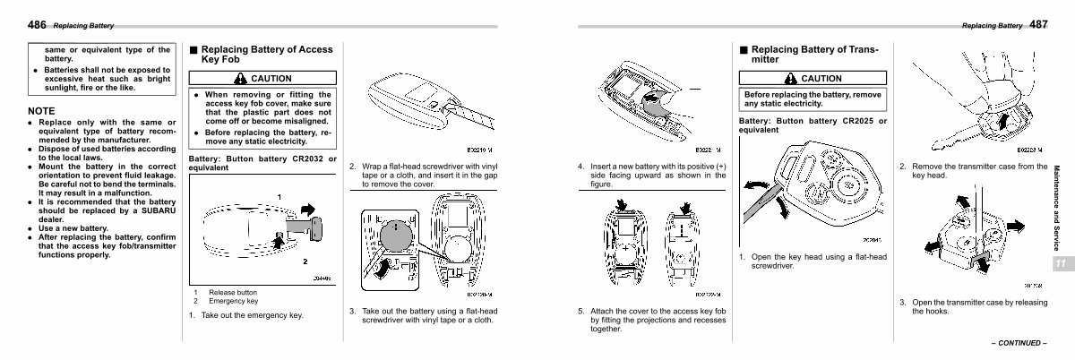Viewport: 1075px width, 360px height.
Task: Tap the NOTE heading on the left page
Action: pyautogui.click(x=42, y=111)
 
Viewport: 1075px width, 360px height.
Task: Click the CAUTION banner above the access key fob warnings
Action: pyautogui.click(x=263, y=79)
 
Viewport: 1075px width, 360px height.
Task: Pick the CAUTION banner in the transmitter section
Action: pyautogui.click(x=813, y=79)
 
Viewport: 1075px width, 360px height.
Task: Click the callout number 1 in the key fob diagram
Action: pyautogui.click(x=279, y=196)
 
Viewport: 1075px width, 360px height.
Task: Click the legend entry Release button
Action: pyautogui.click(x=233, y=293)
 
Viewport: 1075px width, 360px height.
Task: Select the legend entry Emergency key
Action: pyautogui.click(x=233, y=301)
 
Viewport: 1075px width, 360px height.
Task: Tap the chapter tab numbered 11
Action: pyautogui.click(x=1060, y=263)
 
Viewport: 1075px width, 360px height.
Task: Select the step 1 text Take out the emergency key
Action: pyautogui.click(x=252, y=315)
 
